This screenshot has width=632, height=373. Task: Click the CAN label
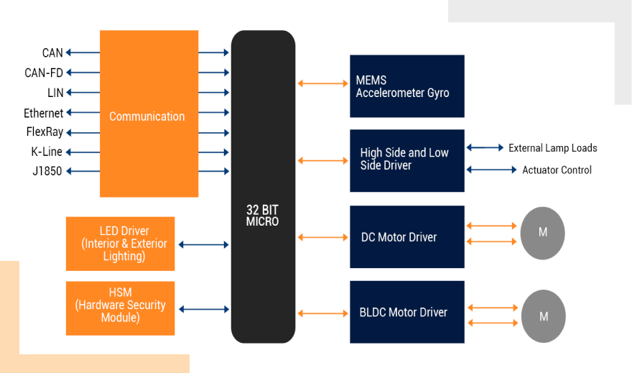coord(52,52)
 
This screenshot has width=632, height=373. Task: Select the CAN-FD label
coord(44,73)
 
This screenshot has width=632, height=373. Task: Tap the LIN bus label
coord(55,93)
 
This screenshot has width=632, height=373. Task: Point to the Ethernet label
coord(43,113)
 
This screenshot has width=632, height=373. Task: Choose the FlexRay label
coord(45,132)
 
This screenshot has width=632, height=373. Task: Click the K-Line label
coord(47,152)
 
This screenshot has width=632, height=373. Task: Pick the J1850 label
coord(47,171)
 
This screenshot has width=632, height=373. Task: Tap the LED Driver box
coord(120,244)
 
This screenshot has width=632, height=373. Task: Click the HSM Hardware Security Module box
coord(120,308)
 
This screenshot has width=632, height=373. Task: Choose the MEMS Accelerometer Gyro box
coord(407,86)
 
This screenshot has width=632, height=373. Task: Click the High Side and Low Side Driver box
coord(407,160)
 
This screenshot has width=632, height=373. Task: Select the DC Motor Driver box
coord(407,237)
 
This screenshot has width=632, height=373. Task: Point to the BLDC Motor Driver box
coord(407,312)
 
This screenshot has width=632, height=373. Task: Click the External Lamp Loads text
coord(552,148)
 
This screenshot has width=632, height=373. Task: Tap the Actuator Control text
coord(557,170)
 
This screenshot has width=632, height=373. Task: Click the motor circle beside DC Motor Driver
coord(543,233)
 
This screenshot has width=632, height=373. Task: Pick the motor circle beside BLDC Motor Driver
coord(544,316)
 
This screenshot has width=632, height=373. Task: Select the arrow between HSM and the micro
coord(203,309)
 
